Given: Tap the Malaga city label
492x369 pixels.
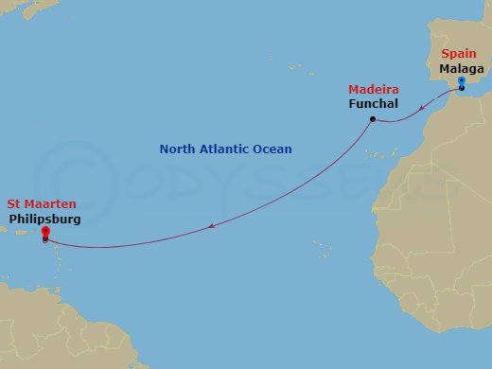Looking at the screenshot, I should [x=461, y=69].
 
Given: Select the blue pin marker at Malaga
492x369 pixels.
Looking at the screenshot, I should [x=461, y=83].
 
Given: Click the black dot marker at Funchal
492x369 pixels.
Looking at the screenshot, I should [x=373, y=118].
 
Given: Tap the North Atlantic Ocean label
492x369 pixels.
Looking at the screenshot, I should [x=225, y=149].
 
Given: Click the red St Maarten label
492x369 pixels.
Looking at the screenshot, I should [x=42, y=203].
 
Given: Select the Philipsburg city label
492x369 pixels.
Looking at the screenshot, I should [x=44, y=219].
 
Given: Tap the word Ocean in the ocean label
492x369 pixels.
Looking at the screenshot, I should [x=273, y=149].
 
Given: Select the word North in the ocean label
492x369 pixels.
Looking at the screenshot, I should [x=177, y=149].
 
